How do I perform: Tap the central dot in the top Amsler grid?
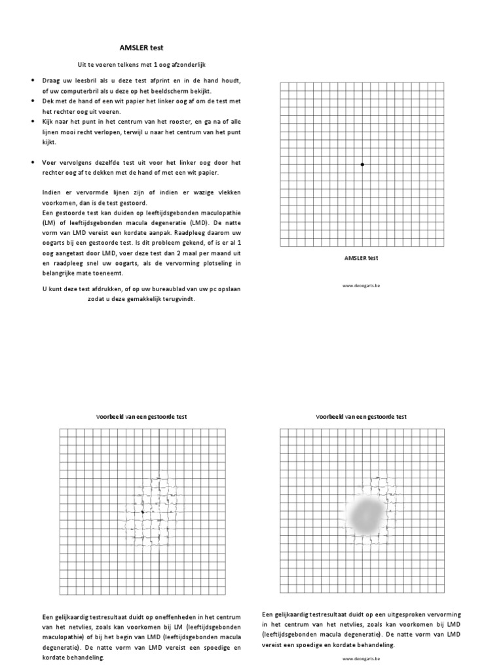click(362, 164)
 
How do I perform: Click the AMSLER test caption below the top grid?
click(362, 258)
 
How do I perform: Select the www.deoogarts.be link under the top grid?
click(362, 285)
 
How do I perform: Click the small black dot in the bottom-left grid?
click(142, 511)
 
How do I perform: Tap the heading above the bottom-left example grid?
click(141, 416)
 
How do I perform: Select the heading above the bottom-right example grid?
click(362, 416)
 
